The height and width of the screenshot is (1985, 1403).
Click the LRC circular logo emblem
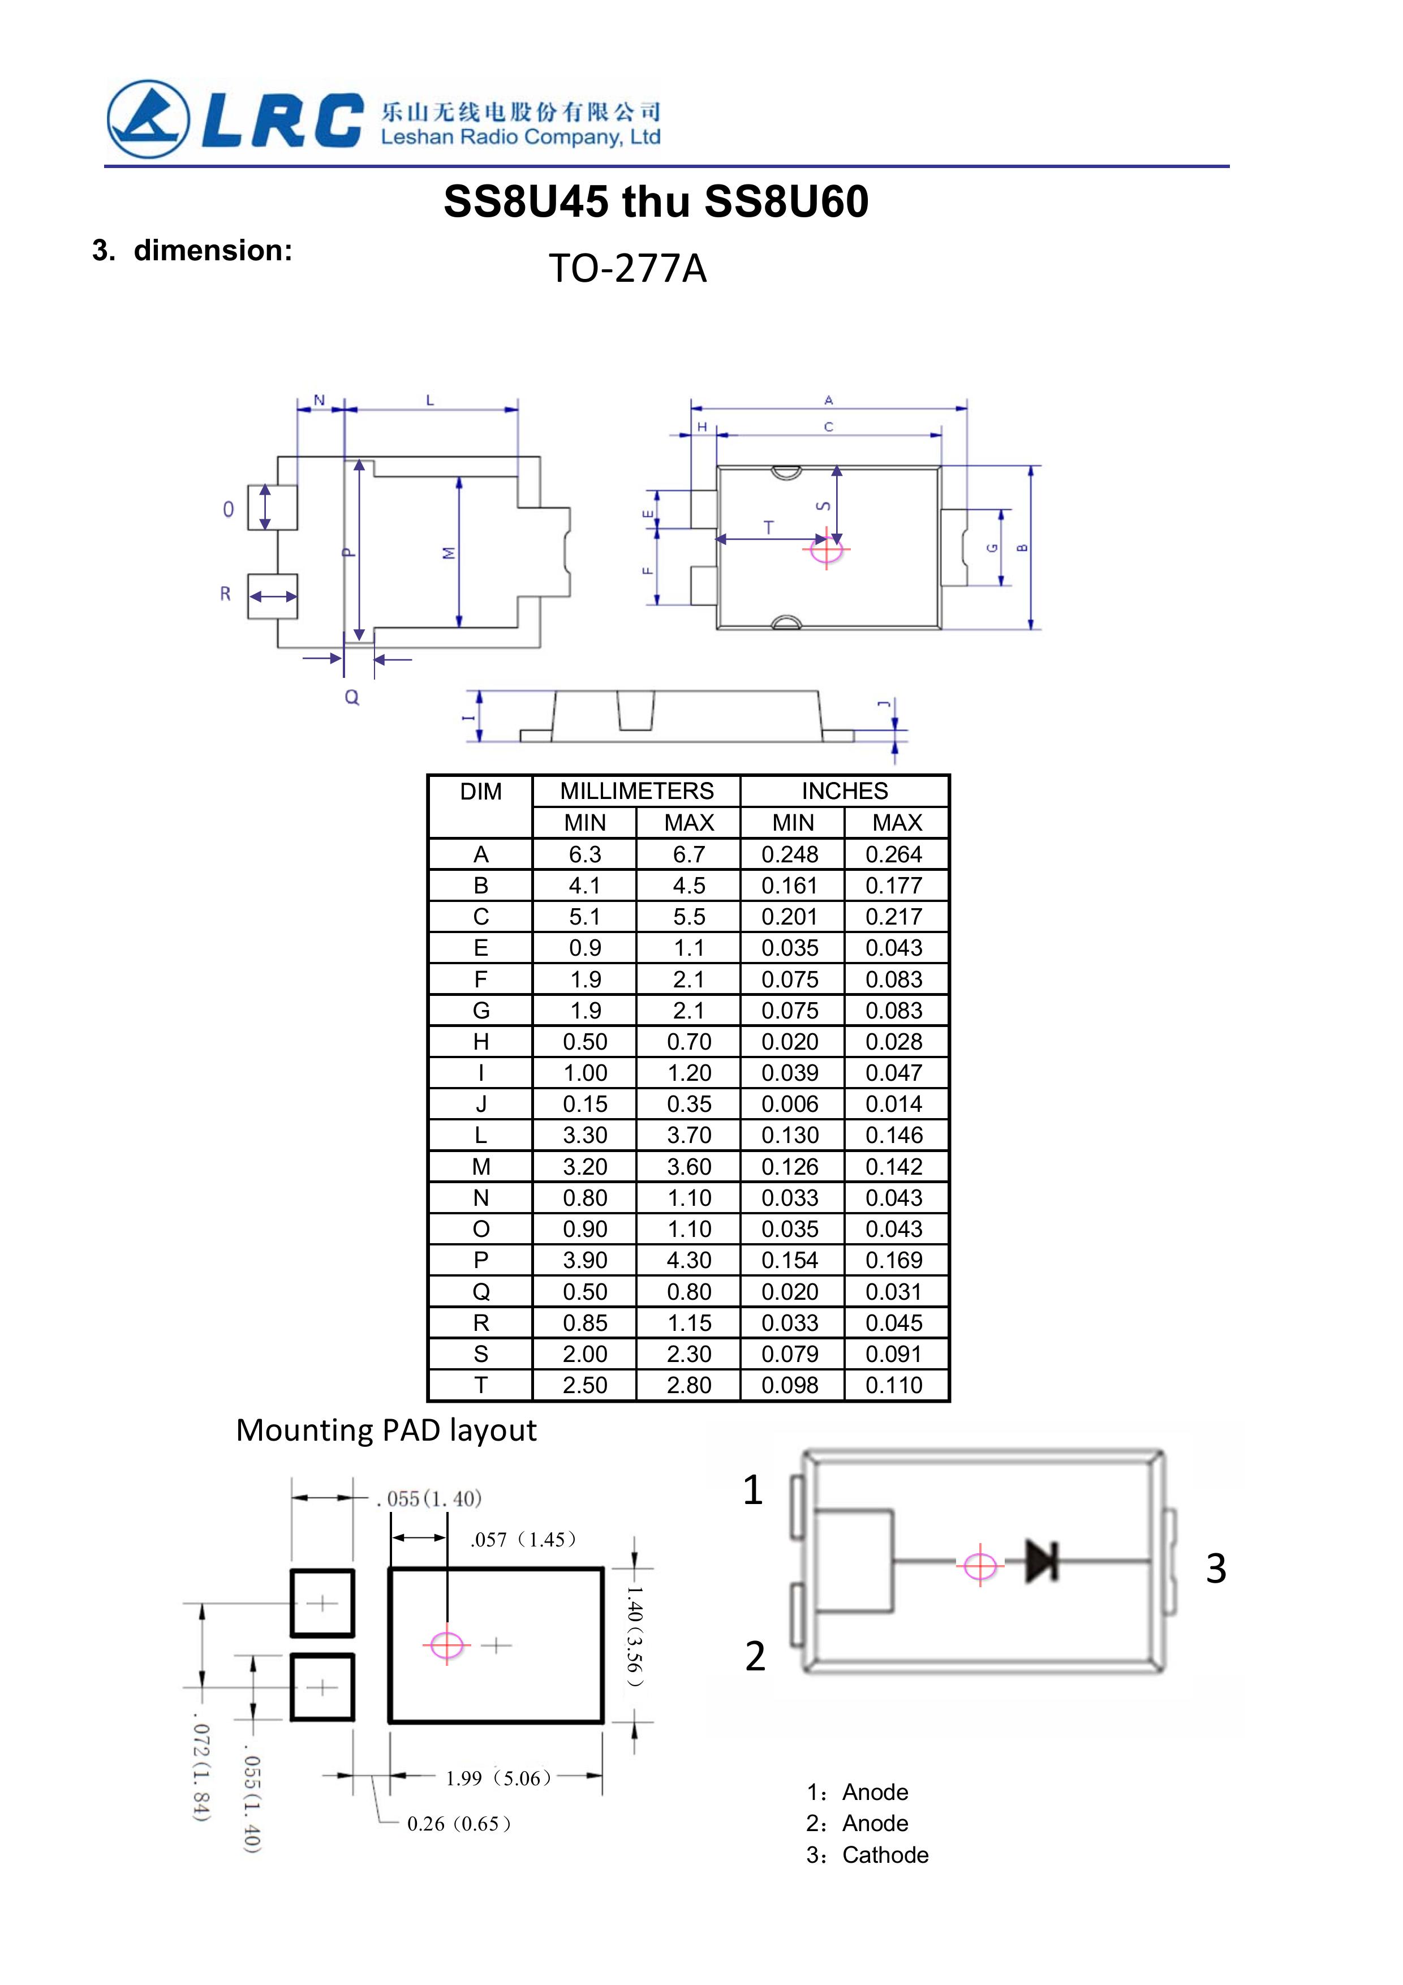(x=148, y=119)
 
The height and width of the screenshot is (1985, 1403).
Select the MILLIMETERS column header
(x=636, y=791)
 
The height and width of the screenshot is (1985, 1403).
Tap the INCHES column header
(x=845, y=791)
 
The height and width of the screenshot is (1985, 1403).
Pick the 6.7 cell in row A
(x=689, y=854)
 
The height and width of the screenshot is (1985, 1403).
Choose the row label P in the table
(x=481, y=1260)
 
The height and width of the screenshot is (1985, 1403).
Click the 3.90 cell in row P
(x=585, y=1260)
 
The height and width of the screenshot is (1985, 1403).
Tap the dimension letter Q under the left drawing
(x=352, y=697)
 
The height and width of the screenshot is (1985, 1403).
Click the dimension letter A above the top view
(x=828, y=400)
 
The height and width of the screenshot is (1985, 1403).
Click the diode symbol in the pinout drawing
(x=1041, y=1561)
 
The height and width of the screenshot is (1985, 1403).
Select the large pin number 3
(x=1215, y=1569)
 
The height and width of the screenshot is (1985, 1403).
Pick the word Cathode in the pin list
(x=885, y=1854)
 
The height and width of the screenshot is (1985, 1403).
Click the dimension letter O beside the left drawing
(x=228, y=509)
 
